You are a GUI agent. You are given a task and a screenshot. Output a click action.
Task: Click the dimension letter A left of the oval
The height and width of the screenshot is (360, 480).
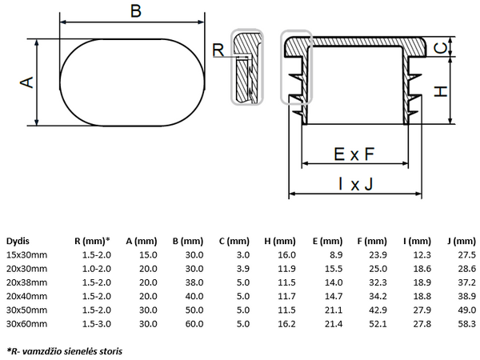pyautogui.click(x=26, y=82)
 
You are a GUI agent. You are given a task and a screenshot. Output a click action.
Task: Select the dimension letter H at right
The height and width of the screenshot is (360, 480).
pyautogui.click(x=440, y=91)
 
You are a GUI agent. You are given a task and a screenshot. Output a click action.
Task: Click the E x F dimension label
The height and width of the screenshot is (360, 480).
pyautogui.click(x=354, y=152)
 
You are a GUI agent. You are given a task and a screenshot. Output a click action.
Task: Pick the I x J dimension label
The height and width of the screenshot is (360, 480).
pyautogui.click(x=355, y=185)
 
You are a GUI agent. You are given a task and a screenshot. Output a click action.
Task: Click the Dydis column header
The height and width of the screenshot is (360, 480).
pyautogui.click(x=18, y=241)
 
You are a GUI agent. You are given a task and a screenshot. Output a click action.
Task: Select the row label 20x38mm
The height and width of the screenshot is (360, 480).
pyautogui.click(x=27, y=282)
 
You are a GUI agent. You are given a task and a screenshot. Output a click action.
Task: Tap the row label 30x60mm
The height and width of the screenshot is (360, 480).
pyautogui.click(x=27, y=323)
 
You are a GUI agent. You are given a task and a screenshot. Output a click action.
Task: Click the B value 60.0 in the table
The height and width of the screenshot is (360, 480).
pyautogui.click(x=193, y=323)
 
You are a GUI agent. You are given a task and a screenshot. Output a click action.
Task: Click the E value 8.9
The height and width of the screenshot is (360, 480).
pyautogui.click(x=335, y=254)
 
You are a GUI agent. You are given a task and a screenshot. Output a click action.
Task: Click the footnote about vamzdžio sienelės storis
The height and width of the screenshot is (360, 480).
pyautogui.click(x=65, y=350)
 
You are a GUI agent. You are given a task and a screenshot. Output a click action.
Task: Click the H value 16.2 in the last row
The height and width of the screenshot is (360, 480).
pyautogui.click(x=287, y=323)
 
